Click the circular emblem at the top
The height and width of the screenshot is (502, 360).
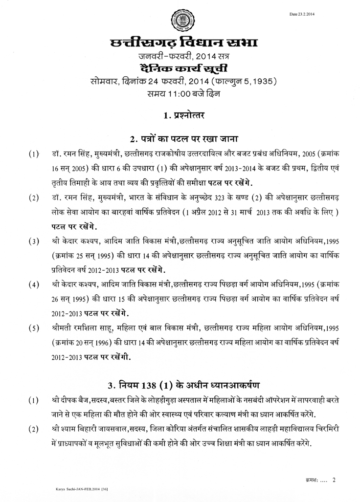180,19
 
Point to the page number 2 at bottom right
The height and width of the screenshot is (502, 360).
334,480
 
